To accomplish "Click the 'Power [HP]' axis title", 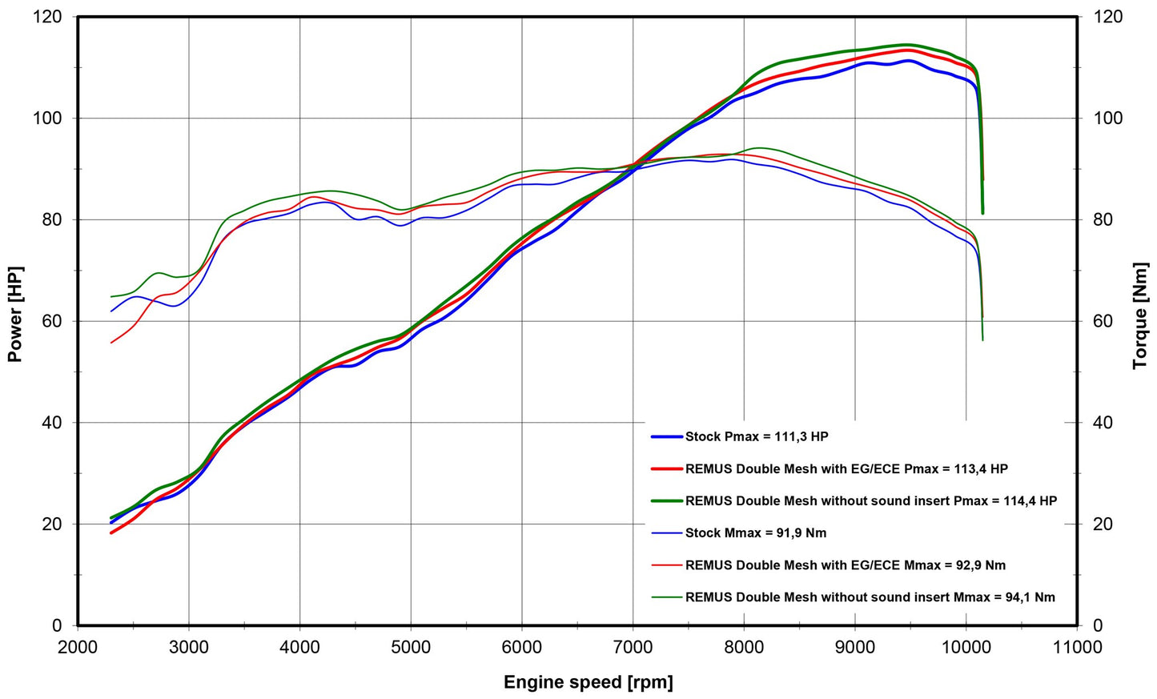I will [x=14, y=315].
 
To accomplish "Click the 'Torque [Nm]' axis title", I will [x=1140, y=316].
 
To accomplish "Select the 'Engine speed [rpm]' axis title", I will [x=589, y=682].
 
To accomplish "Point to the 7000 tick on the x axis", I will [x=633, y=646].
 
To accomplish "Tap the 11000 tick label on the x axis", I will [x=1076, y=646].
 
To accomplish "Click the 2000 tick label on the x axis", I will [x=78, y=646].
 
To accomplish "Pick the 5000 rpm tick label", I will [x=411, y=646].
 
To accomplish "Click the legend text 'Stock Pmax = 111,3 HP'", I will [x=757, y=437].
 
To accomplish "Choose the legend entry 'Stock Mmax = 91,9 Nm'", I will [x=756, y=533].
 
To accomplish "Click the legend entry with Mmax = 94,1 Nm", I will [x=870, y=597].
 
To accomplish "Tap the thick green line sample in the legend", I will [x=666, y=501].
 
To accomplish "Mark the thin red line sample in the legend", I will [x=666, y=565].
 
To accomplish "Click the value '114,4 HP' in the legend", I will [x=1030, y=501].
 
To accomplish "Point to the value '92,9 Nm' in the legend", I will [x=981, y=565].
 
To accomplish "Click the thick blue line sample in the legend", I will [x=666, y=437].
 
